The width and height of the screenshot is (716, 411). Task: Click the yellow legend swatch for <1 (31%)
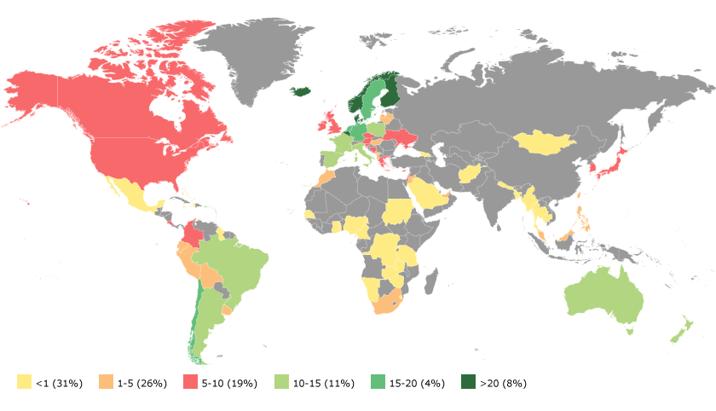click(24, 383)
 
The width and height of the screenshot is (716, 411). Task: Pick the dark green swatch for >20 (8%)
click(467, 383)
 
